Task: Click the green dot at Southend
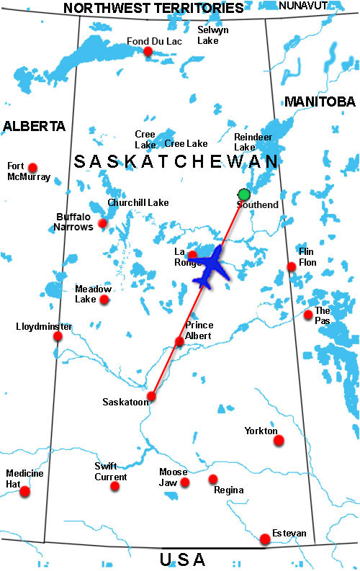click(x=244, y=194)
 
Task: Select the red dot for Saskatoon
click(x=151, y=396)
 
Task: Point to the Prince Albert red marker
click(x=179, y=341)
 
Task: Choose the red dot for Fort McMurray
click(x=32, y=167)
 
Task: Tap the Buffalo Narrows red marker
click(x=102, y=223)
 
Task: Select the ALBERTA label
click(x=34, y=126)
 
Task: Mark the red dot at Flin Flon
click(x=292, y=266)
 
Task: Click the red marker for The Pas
click(x=308, y=315)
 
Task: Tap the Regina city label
click(x=228, y=490)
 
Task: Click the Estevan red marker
click(x=266, y=539)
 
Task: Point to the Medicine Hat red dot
click(x=25, y=492)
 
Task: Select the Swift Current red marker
click(x=115, y=487)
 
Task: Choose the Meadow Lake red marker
click(x=104, y=300)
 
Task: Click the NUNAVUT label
click(x=302, y=6)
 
